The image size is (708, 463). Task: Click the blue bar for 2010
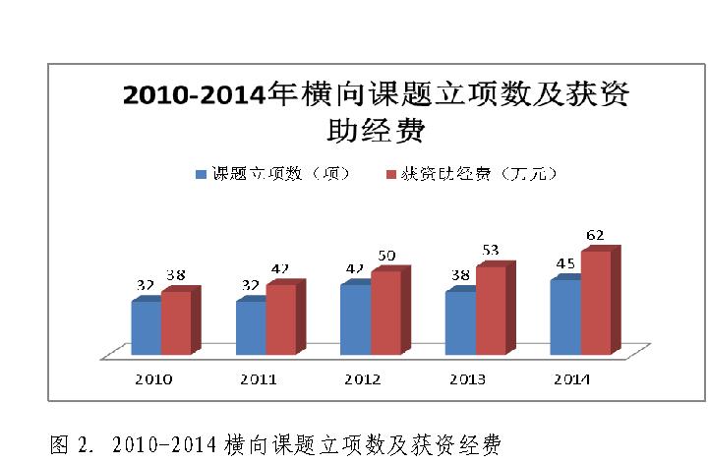146,326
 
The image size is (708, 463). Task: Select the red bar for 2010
176,321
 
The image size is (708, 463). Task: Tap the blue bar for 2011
250,326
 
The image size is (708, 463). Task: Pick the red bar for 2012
384,311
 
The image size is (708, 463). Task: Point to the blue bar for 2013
459,322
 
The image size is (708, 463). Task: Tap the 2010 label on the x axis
154,379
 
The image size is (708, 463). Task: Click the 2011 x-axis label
259,379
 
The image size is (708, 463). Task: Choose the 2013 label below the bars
468,379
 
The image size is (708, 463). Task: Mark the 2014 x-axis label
572,379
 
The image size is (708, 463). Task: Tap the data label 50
386,256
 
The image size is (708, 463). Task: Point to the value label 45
564,265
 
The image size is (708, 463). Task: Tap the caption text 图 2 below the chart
275,445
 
